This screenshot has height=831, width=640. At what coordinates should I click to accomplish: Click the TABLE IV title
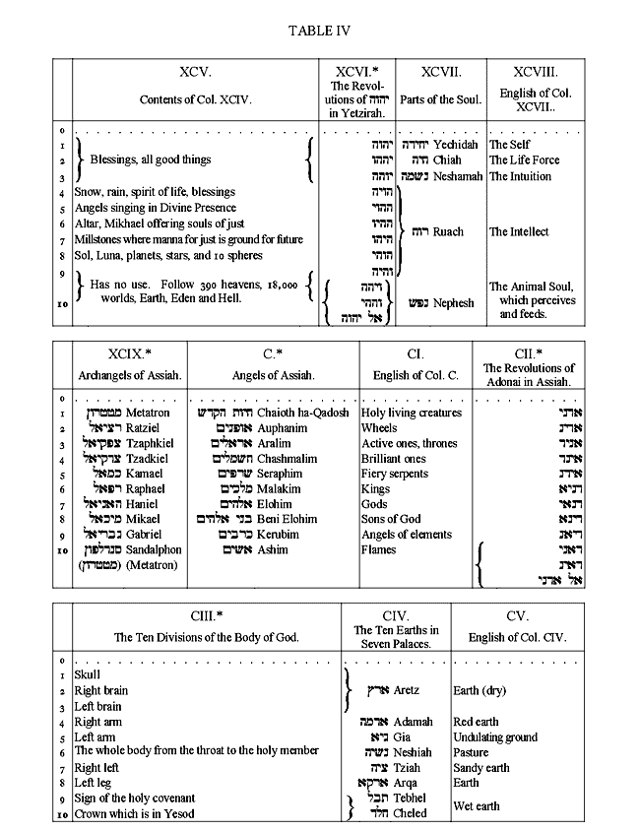tap(319, 31)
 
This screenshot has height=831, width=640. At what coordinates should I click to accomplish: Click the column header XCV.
tap(195, 72)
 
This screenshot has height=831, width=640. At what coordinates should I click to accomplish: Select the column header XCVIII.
tap(535, 72)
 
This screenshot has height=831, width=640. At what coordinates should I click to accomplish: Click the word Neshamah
tap(458, 176)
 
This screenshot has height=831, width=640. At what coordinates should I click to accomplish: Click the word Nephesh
tap(454, 303)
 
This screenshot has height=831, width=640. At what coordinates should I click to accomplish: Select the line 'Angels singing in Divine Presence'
tap(156, 208)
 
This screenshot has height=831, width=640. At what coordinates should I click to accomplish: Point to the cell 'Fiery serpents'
tap(395, 474)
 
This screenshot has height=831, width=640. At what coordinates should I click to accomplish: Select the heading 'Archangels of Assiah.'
tap(129, 375)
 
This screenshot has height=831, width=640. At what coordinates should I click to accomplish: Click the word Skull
tap(88, 675)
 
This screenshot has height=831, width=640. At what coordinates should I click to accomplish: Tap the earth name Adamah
tap(413, 722)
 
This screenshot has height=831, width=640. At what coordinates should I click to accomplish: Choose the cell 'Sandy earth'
tap(481, 768)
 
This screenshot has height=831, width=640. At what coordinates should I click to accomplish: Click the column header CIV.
tap(395, 616)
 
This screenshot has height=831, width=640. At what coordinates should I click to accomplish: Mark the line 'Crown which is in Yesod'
tap(134, 813)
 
